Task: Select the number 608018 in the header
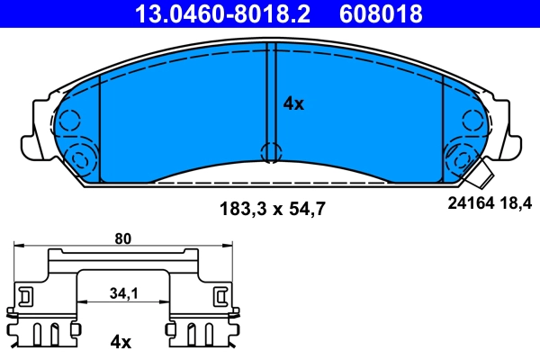(380, 13)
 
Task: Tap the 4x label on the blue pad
(293, 103)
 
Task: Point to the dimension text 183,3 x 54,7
(271, 209)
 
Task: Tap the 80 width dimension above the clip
(123, 239)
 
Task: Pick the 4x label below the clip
(121, 342)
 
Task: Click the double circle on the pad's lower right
(461, 160)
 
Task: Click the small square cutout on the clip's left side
(25, 294)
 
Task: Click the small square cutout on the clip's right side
(220, 294)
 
